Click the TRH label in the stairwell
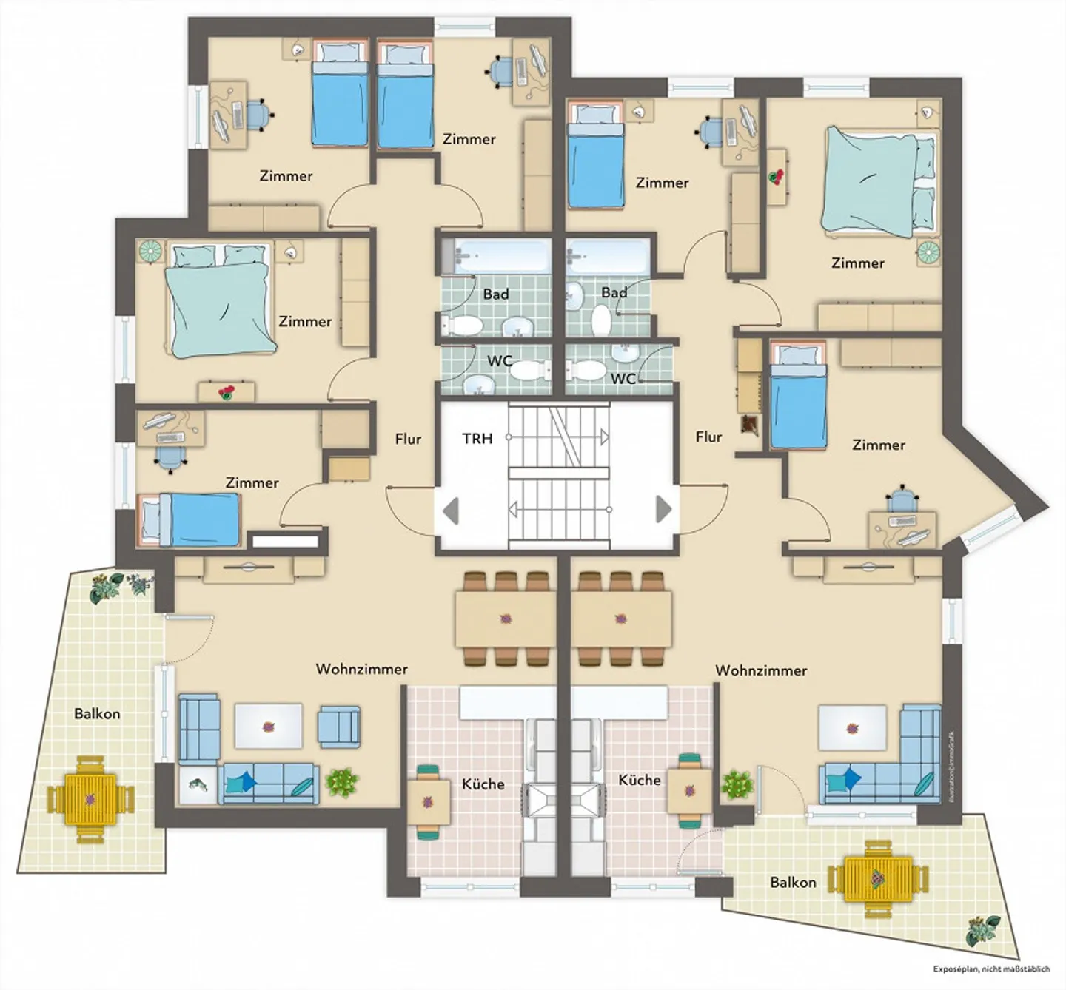[x=477, y=439]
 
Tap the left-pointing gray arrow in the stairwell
[x=451, y=510]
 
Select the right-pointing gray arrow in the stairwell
[x=663, y=509]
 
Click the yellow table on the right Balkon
[x=879, y=878]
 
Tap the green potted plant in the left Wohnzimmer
[x=341, y=782]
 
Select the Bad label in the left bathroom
[x=496, y=294]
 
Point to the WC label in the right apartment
[x=623, y=379]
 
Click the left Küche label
[x=483, y=784]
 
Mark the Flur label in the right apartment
[x=708, y=437]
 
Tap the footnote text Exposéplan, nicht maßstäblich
[x=991, y=969]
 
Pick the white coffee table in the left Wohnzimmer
[x=268, y=726]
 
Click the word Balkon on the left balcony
[x=97, y=714]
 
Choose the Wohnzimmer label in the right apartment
[x=761, y=671]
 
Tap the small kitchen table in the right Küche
[x=689, y=791]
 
